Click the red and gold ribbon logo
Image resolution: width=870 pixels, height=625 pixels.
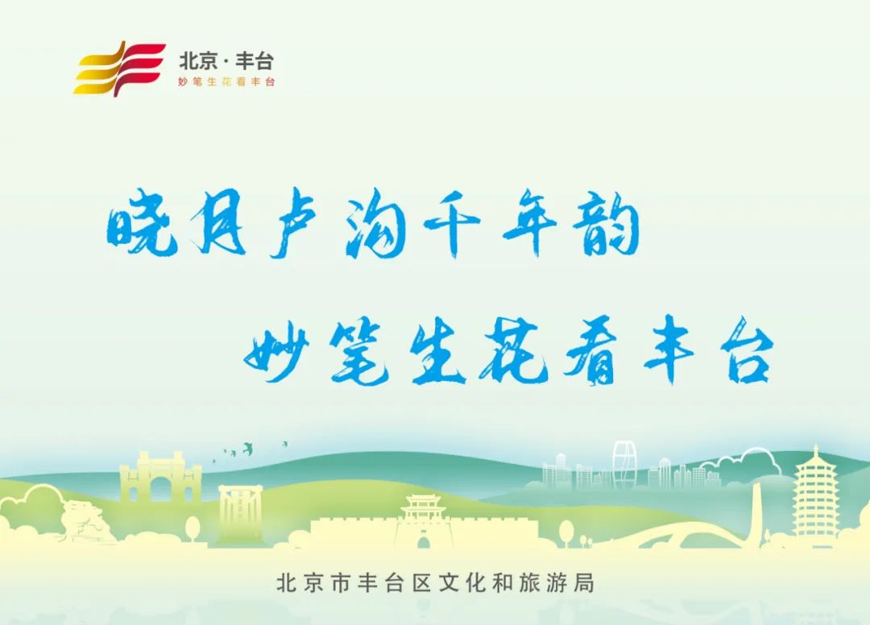(x=119, y=68)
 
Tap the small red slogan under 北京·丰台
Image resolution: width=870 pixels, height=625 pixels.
(x=226, y=82)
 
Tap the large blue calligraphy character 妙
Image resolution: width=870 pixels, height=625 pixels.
(x=278, y=354)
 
